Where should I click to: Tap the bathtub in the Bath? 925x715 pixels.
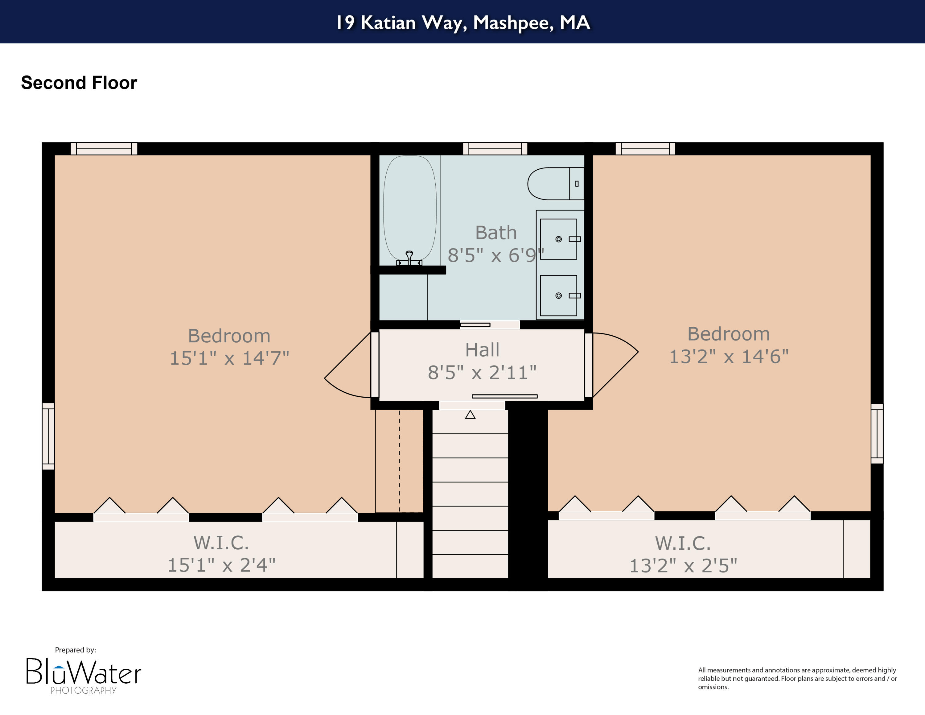pos(409,208)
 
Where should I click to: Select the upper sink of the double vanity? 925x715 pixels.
pos(558,239)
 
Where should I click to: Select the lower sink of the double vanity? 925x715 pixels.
pos(558,295)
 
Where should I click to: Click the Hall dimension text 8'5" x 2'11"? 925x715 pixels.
pos(482,373)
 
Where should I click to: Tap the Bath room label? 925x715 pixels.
pos(495,233)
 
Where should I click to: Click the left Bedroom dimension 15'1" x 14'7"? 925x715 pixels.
pos(229,358)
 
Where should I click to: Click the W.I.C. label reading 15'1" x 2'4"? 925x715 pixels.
pos(221,565)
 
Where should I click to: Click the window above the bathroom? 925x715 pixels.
pos(495,149)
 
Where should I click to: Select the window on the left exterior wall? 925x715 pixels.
pos(48,436)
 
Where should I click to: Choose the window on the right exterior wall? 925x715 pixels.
pos(877,433)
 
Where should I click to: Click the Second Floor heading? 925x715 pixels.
pos(79,83)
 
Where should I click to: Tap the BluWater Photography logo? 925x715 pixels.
pos(84,673)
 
